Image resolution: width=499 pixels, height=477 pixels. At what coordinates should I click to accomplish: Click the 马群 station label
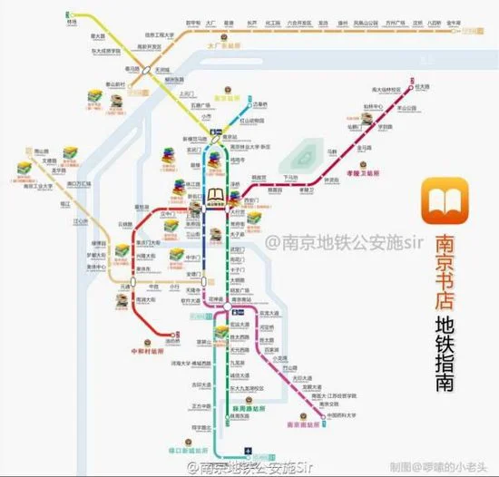point(332,151)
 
